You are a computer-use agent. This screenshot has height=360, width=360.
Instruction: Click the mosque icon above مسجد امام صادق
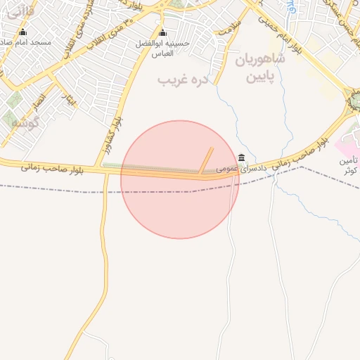click(22, 32)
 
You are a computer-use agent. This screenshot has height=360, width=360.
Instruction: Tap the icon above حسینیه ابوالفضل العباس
click(163, 32)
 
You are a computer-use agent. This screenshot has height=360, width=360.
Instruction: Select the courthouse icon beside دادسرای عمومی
click(242, 157)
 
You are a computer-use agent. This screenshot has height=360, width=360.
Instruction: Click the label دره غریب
click(184, 81)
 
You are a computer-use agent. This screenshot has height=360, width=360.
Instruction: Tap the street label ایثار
click(68, 103)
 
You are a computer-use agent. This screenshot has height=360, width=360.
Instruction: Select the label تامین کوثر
click(349, 165)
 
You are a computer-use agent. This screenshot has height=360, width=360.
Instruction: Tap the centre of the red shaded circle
click(180, 180)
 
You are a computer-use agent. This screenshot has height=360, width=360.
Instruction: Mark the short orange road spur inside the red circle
click(205, 160)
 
